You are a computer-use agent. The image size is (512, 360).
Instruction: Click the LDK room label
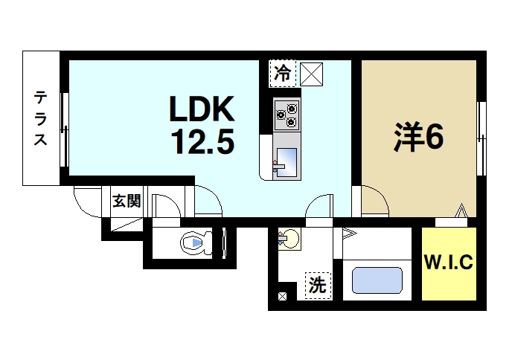pos(202,110)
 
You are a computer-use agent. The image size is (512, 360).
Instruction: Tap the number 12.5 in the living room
pos(202,139)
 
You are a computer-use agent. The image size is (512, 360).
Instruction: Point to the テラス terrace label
pos(40,119)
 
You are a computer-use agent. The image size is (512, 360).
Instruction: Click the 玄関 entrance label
pos(126,201)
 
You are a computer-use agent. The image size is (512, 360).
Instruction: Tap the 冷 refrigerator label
pos(283,73)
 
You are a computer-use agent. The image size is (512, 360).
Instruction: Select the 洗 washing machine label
pos(317,285)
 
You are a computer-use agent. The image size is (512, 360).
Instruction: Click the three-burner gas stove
pos(286,114)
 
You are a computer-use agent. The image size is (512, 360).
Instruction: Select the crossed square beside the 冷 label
pos(311,73)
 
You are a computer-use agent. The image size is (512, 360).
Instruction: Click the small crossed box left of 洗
pos(283,296)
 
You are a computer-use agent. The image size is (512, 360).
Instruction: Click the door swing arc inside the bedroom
pos(374,200)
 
